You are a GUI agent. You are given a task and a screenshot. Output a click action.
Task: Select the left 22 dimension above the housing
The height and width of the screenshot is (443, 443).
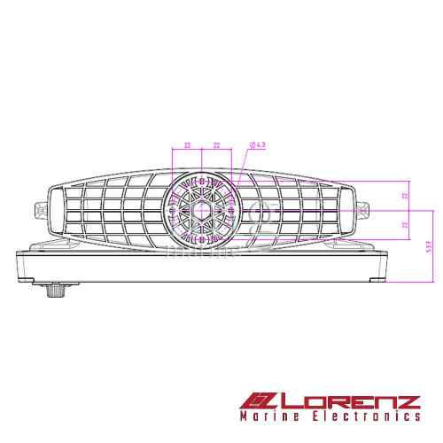coord(188,144)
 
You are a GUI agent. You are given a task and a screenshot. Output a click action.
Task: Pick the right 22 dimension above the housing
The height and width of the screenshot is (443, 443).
coord(217,144)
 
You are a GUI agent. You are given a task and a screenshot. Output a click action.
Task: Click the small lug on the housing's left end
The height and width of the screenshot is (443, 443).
coord(40,211)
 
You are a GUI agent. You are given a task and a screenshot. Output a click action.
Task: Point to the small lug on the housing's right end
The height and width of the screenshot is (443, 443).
coord(363,211)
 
